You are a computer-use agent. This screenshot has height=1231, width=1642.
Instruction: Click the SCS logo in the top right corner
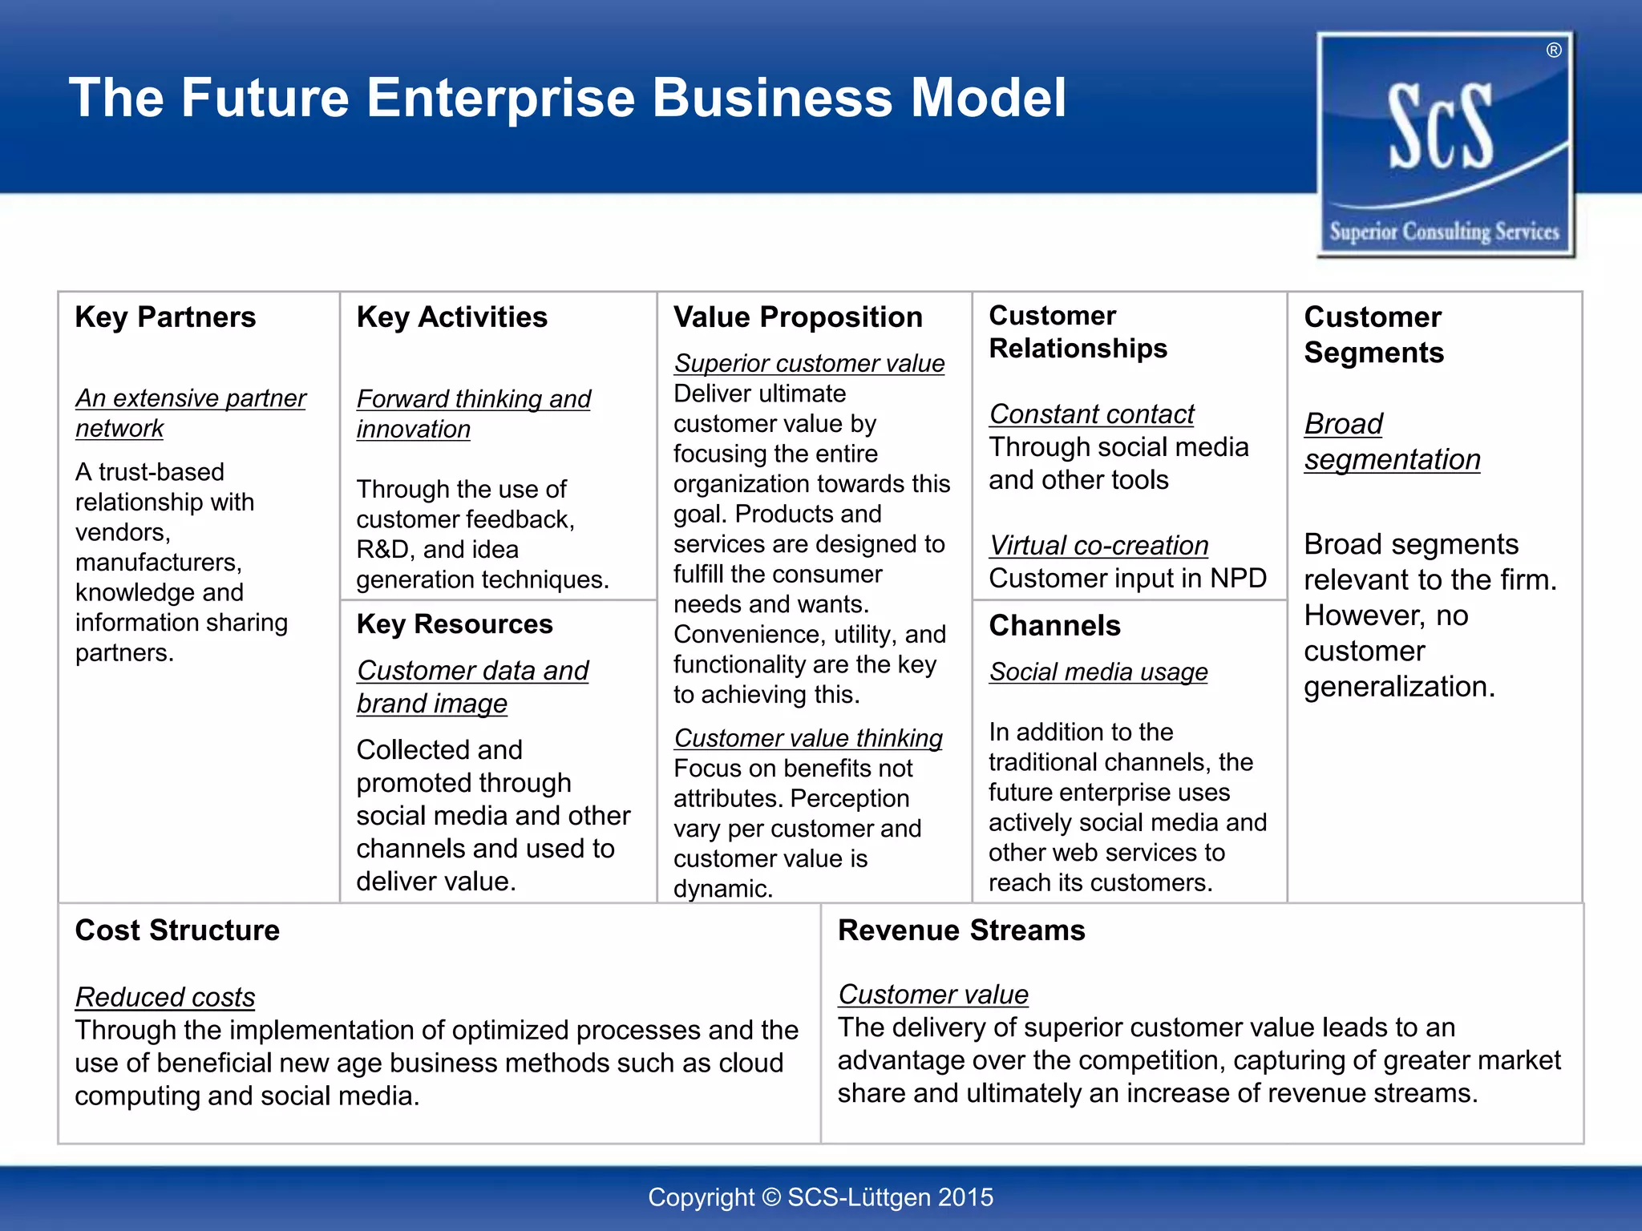(x=1445, y=144)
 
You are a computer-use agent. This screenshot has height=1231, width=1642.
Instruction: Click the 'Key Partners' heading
(x=165, y=317)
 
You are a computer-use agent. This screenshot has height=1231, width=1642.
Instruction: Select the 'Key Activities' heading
(x=451, y=317)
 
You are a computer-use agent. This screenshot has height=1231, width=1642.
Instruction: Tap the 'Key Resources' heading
(x=455, y=624)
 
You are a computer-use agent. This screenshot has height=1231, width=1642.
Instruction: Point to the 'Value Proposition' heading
(x=798, y=317)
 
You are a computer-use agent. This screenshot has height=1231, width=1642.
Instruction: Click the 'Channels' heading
(x=1054, y=626)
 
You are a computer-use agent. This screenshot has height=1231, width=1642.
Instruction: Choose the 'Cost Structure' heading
(x=177, y=930)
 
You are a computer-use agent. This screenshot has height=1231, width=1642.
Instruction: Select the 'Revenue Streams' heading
(x=961, y=930)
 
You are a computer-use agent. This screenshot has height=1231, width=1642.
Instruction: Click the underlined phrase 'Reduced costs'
(x=165, y=997)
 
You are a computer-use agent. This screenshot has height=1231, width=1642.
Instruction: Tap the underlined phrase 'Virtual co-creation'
(x=1098, y=546)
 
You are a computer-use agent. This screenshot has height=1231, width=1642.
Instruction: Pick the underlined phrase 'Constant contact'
(x=1091, y=414)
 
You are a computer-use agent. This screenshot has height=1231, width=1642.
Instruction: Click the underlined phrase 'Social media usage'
(x=1098, y=672)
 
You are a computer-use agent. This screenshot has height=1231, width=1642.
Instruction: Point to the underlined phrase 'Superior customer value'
(x=809, y=364)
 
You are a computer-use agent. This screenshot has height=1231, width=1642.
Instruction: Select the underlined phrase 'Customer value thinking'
(x=808, y=738)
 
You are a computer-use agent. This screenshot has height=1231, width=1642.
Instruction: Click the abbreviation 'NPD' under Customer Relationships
(x=1238, y=579)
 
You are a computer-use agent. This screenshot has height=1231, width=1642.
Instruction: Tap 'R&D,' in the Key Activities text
(x=386, y=550)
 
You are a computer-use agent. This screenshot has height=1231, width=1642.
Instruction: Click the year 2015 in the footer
(x=965, y=1197)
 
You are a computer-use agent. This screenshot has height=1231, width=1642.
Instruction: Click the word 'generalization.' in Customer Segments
(x=1399, y=687)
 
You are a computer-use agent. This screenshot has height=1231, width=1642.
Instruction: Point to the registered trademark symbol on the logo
(x=1554, y=50)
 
